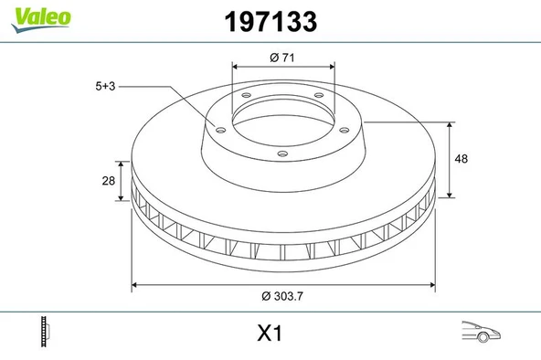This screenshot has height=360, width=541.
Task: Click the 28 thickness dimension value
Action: [110, 181]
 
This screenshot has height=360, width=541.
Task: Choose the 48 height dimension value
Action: [461, 158]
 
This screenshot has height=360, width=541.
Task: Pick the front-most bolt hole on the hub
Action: [282, 153]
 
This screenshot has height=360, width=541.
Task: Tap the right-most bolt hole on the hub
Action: [345, 129]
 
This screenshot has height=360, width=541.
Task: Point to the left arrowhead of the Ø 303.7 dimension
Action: [137, 285]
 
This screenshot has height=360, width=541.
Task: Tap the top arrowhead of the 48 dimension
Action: [449, 121]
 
